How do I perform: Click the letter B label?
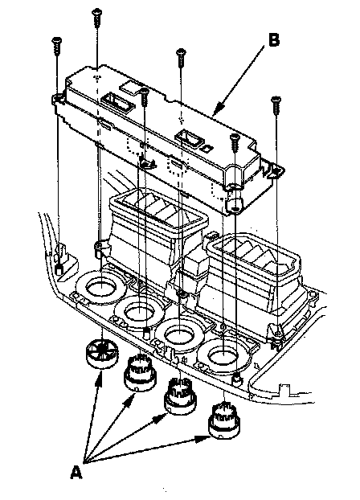274,40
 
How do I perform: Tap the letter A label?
76,472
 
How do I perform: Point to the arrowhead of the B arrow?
217,110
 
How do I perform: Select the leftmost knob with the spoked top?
100,354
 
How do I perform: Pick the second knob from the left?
140,373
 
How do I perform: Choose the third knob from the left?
180,395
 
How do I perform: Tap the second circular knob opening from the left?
140,310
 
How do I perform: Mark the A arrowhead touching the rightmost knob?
202,439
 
